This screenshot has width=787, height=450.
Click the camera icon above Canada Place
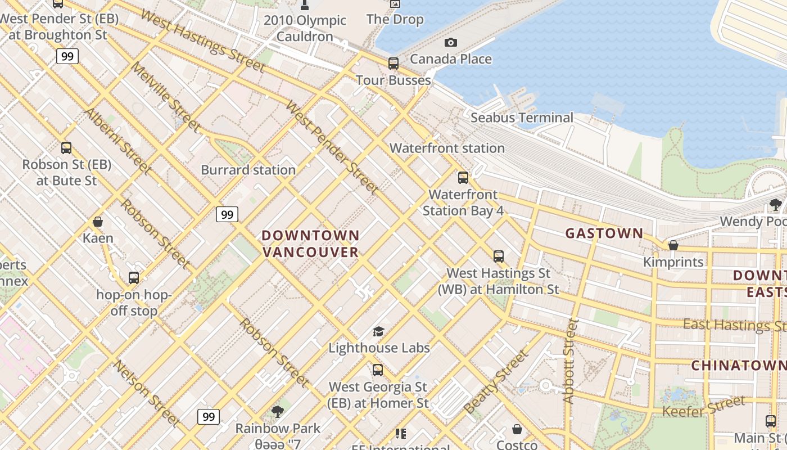coord(450,43)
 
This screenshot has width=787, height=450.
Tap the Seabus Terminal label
coord(522,118)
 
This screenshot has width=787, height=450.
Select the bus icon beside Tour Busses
coord(393,64)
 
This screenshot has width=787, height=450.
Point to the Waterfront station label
coord(447,148)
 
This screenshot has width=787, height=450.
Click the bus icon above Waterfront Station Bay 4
coord(463,178)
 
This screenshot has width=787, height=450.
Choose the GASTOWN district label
coord(604,233)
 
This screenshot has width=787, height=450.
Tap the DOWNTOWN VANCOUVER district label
coord(310,244)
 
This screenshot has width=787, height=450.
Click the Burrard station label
coord(248,170)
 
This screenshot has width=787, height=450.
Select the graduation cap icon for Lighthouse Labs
coord(378,331)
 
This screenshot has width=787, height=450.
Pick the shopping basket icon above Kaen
coord(98,222)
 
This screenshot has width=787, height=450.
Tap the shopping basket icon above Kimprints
coord(673,245)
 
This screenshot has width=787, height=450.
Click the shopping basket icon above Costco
coord(517,429)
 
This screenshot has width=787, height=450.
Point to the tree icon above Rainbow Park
coord(277,412)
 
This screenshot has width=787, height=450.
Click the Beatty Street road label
coord(496,381)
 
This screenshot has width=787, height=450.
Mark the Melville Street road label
coord(165,97)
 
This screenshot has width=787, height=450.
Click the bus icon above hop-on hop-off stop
coord(133,278)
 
